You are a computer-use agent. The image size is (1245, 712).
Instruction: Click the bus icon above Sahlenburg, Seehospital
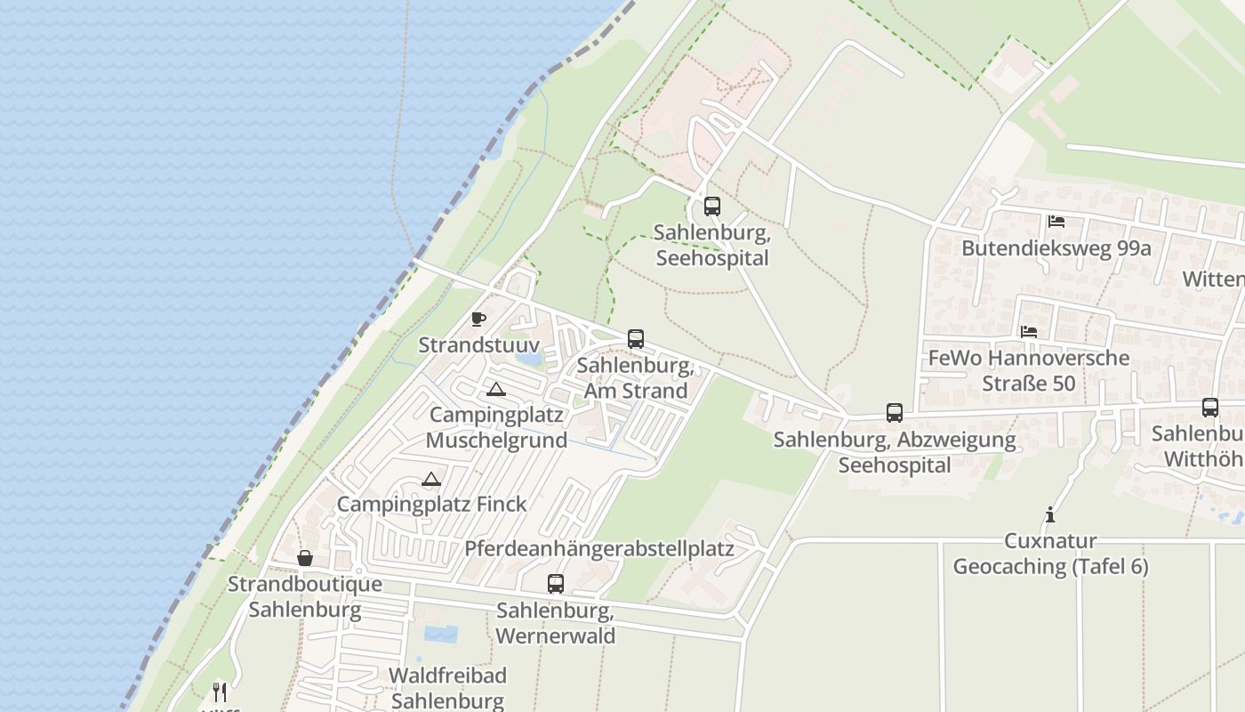point(711,206)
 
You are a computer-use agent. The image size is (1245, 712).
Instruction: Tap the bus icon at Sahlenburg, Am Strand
point(635,339)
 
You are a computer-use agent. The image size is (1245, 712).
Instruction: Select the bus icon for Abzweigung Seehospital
point(894,413)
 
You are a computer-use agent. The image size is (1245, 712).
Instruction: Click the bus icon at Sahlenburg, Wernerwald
point(555,584)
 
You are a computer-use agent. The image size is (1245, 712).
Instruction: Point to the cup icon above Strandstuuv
point(478,319)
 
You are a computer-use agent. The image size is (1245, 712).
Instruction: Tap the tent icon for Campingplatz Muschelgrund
point(495,389)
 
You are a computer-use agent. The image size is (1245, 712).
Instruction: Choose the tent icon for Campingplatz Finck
point(431,479)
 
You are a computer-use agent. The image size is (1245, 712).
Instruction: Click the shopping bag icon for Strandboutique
point(304,558)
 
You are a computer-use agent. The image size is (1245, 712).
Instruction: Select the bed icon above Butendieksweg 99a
point(1056,221)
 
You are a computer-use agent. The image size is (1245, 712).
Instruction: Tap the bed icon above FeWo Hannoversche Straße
point(1029,331)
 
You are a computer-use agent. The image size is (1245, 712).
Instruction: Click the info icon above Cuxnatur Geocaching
point(1050,514)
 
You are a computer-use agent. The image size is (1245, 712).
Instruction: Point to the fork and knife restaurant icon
point(220,692)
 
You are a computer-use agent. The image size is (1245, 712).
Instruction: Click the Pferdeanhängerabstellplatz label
point(599,548)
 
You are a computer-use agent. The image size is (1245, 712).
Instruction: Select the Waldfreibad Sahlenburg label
point(447,688)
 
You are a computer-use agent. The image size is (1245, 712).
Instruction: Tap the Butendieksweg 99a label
point(1056,247)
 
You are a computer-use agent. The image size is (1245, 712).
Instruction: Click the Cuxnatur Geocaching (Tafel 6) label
point(1050,554)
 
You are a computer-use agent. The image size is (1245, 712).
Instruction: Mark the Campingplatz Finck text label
point(431,504)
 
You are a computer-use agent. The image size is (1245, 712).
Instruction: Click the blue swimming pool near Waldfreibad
point(441,634)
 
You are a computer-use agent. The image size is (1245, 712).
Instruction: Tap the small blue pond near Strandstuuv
point(529,359)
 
